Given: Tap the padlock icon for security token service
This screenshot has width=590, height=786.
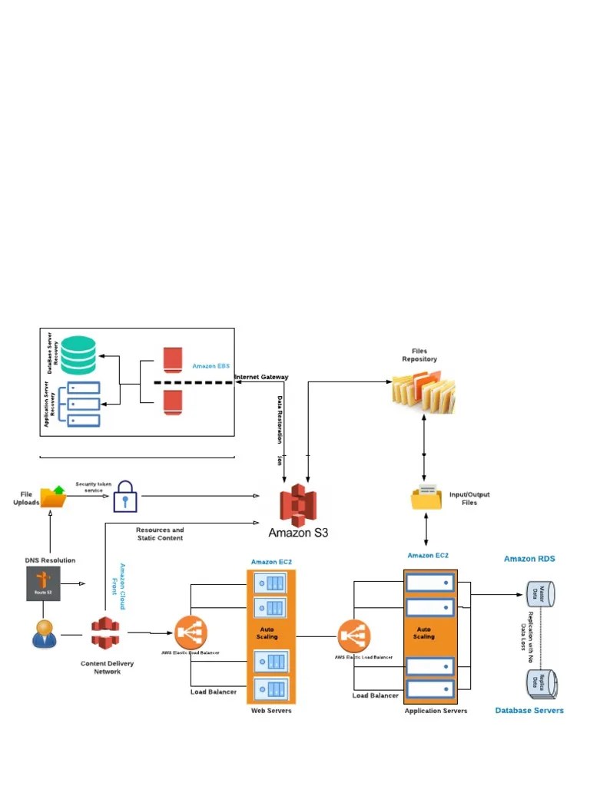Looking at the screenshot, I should pyautogui.click(x=124, y=497).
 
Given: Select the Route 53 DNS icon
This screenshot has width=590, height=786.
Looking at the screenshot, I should pyautogui.click(x=43, y=585).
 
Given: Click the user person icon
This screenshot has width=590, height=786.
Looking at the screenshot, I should pyautogui.click(x=45, y=633).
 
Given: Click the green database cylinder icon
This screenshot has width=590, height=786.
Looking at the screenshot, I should pyautogui.click(x=79, y=354).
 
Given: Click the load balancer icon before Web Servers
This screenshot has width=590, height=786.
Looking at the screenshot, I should pyautogui.click(x=190, y=632).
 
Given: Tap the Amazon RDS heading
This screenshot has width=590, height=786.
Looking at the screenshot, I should pyautogui.click(x=529, y=559).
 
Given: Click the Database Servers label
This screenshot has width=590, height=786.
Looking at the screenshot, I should pyautogui.click(x=529, y=711).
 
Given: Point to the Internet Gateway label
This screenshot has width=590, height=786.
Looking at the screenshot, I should pyautogui.click(x=261, y=377).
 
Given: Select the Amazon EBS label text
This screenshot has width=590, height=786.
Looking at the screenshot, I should pyautogui.click(x=210, y=367).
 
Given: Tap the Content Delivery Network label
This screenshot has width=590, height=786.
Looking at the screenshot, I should pyautogui.click(x=108, y=667).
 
